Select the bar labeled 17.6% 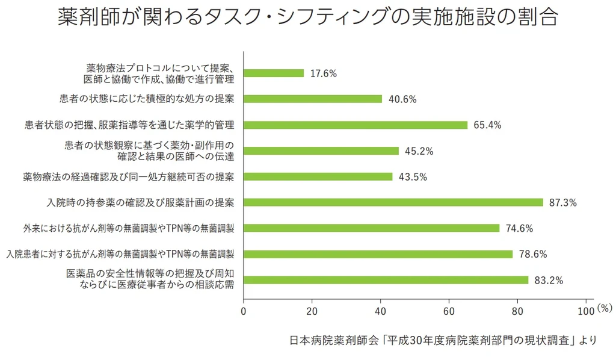tap(274, 73)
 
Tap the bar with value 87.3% tap(393, 202)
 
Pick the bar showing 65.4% tap(356, 125)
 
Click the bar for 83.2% tap(386, 280)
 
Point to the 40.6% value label tap(402, 99)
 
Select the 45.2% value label tap(419, 151)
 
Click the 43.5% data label tap(413, 177)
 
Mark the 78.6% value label tap(532, 254)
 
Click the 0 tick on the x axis tap(243, 311)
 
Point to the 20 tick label tap(312, 311)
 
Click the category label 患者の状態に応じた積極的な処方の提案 tap(147, 99)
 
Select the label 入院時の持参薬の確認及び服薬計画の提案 tap(141, 202)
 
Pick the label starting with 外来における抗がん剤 tap(129, 228)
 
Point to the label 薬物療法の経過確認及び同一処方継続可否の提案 tap(129, 176)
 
